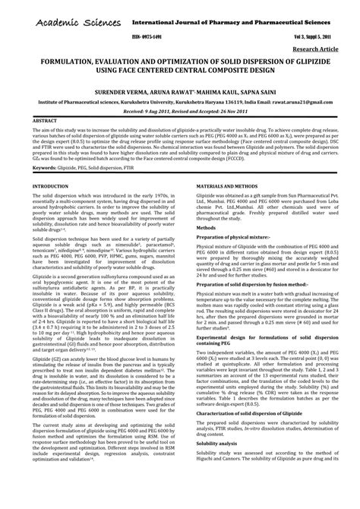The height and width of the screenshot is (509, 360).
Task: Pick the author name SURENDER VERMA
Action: click(x=112, y=88)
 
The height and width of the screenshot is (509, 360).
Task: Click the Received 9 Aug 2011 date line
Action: click(x=179, y=110)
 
